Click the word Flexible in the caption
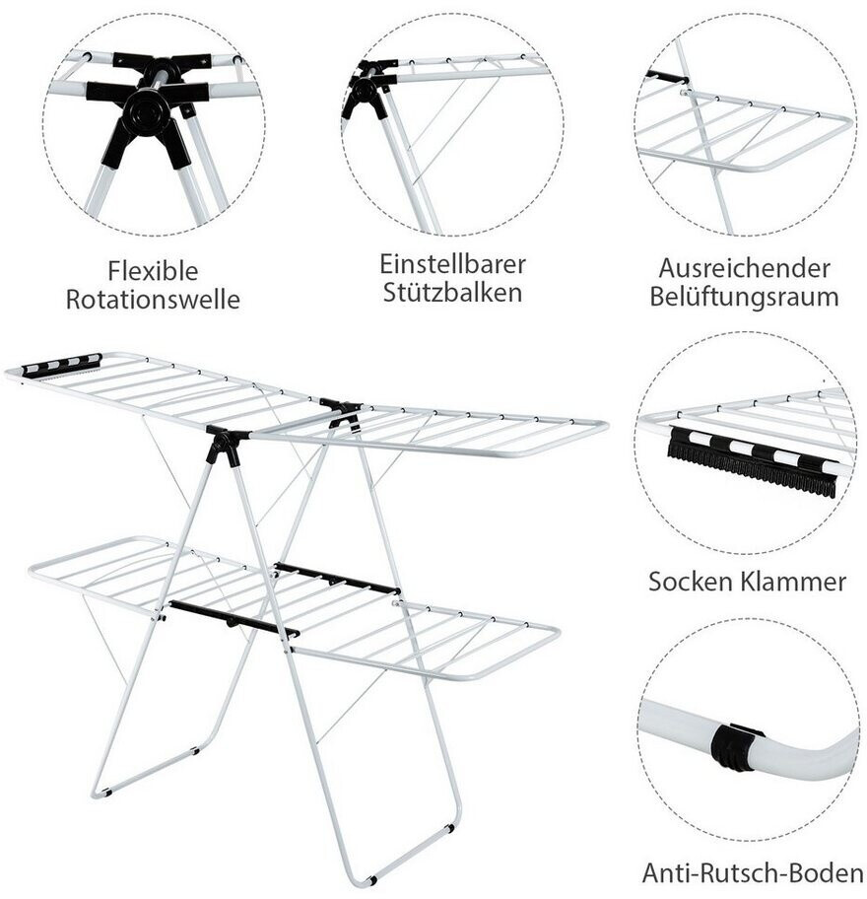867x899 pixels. coord(153,270)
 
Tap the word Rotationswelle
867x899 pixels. coord(153,300)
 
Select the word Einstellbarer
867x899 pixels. coord(452,264)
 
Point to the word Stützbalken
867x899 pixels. coord(452,294)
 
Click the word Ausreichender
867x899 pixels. coord(745,267)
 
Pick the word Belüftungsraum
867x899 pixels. coord(745,297)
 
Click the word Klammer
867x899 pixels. coord(794,581)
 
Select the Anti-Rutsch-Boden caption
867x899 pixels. coord(753,871)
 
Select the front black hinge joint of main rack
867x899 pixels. coord(224,447)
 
